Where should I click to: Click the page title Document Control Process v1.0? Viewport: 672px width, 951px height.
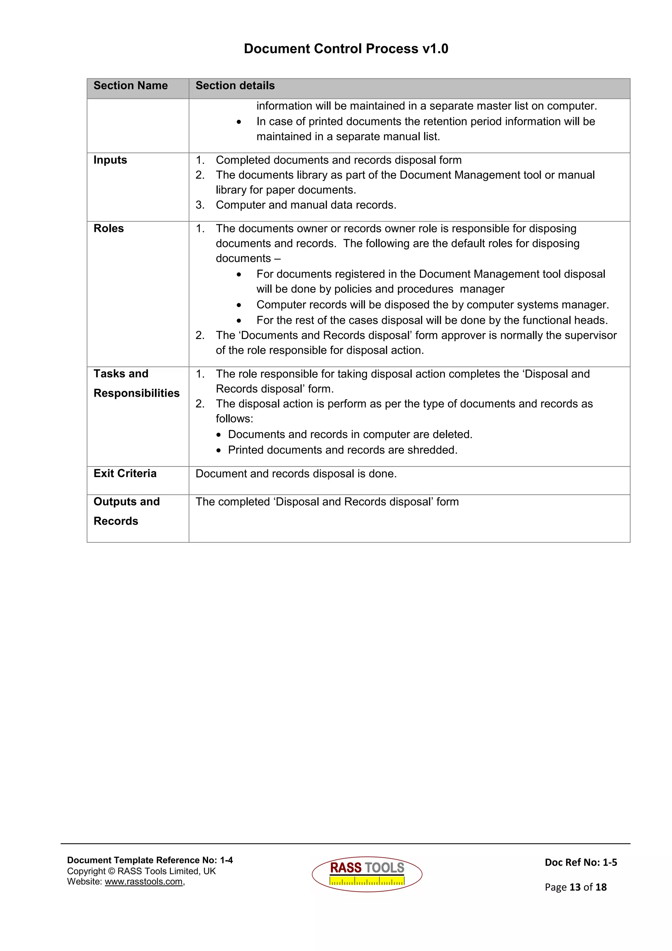tap(346, 49)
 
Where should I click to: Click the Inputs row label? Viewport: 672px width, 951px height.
tap(110, 160)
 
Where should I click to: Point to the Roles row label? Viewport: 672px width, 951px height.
tap(109, 229)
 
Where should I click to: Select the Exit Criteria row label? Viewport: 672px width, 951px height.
tap(125, 474)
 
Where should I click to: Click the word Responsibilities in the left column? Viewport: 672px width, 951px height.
tap(136, 393)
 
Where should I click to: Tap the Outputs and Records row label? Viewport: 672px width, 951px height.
tap(126, 511)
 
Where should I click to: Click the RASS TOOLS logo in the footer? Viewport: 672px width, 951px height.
tap(367, 874)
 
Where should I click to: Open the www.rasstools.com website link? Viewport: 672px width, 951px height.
tap(144, 882)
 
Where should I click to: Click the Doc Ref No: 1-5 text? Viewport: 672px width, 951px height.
tap(580, 862)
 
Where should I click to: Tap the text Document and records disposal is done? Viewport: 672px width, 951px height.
tap(296, 474)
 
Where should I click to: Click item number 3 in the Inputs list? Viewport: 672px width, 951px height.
tap(200, 205)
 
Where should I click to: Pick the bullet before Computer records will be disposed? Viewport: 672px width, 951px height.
tap(239, 305)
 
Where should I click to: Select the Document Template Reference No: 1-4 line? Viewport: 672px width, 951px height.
tap(150, 860)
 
